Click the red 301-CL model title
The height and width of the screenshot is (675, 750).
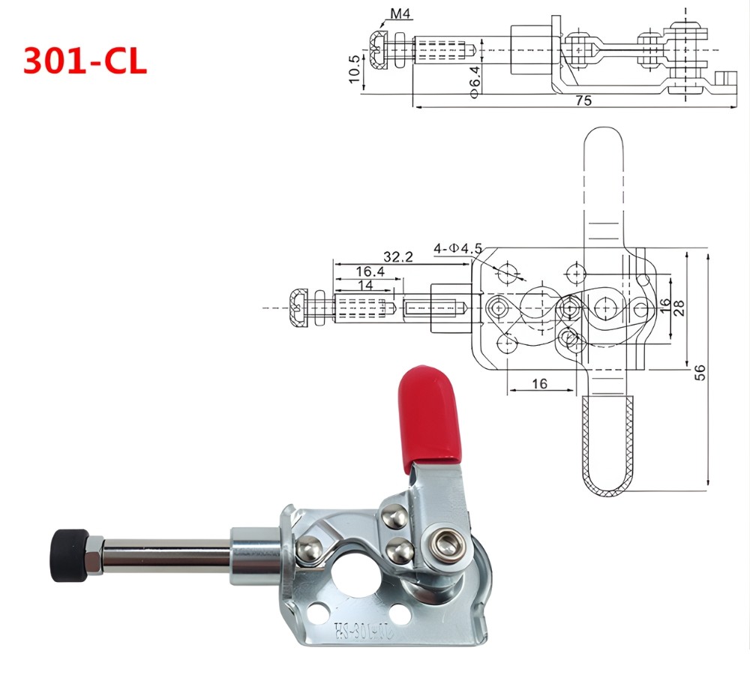point(85,61)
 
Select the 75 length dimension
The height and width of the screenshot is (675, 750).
point(583,101)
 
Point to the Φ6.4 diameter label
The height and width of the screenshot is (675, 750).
point(474,79)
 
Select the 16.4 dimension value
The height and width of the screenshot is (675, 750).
point(370,271)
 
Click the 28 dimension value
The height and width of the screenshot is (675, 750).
point(679,307)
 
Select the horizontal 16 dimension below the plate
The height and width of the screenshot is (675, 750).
point(539,383)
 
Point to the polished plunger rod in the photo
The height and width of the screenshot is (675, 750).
point(165,556)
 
